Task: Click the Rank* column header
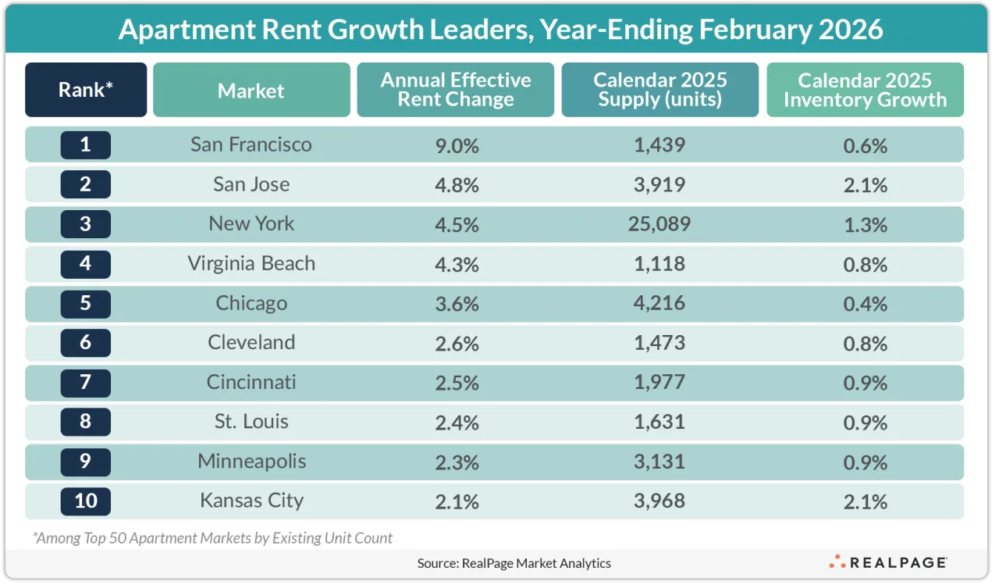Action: click(86, 90)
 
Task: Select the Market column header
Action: click(251, 90)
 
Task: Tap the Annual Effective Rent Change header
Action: click(456, 90)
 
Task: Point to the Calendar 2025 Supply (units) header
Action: click(659, 90)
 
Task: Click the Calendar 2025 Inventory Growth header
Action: click(865, 90)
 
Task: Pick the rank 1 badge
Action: click(86, 145)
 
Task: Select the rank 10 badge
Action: click(86, 501)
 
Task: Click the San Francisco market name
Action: click(251, 144)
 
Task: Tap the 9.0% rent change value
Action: click(456, 145)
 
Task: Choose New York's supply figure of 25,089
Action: click(659, 224)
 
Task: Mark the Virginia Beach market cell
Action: click(251, 263)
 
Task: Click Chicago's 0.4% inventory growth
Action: click(865, 303)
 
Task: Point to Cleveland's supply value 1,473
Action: click(659, 343)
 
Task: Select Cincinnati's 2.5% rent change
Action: click(456, 383)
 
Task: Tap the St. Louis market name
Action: click(251, 422)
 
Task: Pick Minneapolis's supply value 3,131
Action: click(659, 462)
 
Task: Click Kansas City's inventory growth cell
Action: click(865, 501)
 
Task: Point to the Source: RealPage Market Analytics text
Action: click(514, 562)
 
